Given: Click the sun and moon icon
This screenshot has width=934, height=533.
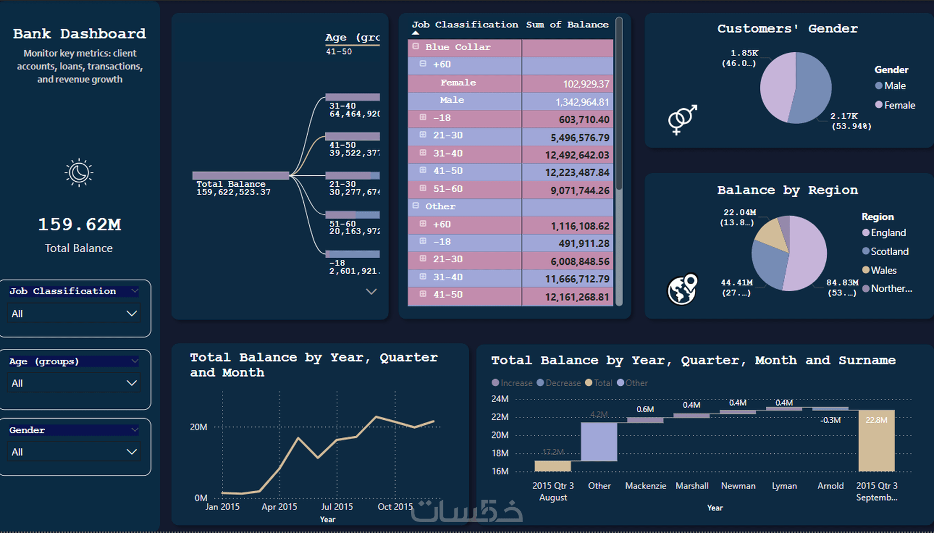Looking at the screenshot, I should pos(79,173).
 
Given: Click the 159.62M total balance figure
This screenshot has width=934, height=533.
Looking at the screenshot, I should pos(79,224).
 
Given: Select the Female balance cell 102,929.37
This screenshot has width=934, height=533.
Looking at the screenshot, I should pos(567,84).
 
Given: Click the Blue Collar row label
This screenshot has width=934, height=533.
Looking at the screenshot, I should pos(458,47).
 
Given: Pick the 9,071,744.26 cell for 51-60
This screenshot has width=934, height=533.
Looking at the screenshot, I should pos(567,190).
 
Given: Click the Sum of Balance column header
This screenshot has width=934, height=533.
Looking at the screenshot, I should pos(567,25).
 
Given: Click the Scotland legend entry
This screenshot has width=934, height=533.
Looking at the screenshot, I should pos(889,252).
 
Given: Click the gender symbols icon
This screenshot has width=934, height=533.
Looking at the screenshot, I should pos(682,119).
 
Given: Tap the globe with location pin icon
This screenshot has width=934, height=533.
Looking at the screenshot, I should pos(682,289).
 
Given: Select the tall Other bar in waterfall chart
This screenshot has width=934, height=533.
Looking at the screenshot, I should pos(599,441).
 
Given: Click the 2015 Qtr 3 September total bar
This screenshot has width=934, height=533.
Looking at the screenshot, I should pos(876,441).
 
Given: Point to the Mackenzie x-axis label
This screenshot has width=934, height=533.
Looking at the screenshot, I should pos(646,486).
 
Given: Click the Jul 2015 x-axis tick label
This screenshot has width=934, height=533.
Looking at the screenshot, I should pos(337,507).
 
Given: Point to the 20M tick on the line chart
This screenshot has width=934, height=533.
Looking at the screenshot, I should pos(198,427).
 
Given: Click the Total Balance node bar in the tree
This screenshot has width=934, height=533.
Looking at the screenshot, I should pos(241,176).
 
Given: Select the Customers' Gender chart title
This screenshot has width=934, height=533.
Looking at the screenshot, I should pos(787,29).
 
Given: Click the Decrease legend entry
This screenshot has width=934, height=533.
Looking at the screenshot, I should pos(562,383).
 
